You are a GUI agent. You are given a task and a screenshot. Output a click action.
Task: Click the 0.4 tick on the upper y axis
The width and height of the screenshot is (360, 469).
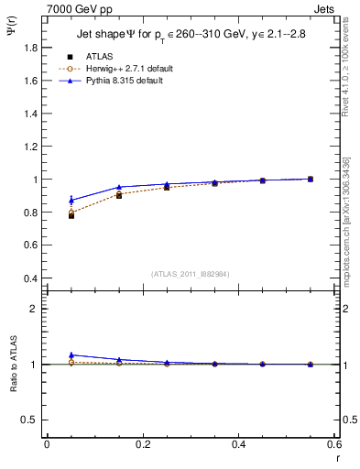click(30, 278)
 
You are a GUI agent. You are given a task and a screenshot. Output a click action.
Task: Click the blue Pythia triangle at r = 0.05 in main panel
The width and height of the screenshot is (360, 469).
click(71, 200)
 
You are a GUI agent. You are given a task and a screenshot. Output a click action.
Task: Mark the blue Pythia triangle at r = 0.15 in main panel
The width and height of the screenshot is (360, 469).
click(119, 187)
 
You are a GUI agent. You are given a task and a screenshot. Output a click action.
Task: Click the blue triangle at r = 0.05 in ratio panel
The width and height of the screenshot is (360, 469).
click(71, 354)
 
